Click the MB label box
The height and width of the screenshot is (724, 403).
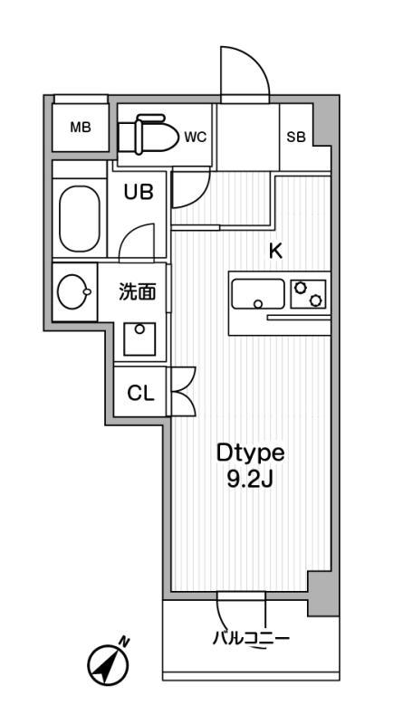[81, 127]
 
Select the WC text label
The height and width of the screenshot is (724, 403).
[196, 138]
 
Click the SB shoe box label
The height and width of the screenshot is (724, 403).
[295, 138]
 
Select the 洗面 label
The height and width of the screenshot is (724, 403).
[138, 292]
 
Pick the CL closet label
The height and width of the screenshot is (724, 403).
[139, 394]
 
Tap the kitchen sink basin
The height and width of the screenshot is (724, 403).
[258, 294]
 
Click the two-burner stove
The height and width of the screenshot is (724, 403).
[308, 294]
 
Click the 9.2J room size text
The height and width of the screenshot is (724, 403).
[250, 481]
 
